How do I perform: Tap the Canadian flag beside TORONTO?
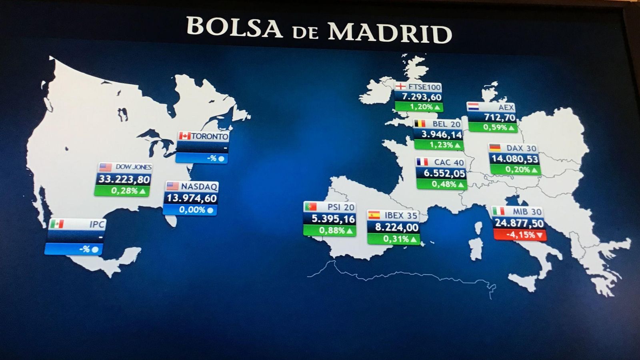184,136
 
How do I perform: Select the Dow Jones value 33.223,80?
124,179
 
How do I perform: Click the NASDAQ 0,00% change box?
190,210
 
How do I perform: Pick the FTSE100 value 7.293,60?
422,97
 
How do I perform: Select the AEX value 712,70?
499,117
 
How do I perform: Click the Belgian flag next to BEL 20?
420,124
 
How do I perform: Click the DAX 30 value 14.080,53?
514,159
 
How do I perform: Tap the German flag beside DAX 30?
495,148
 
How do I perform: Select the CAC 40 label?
449,162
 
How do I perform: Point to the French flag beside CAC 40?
422,162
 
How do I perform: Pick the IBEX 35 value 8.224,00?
396,228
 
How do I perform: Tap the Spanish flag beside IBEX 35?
374,215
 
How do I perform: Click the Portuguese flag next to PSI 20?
310,207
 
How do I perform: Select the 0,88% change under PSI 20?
332,230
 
